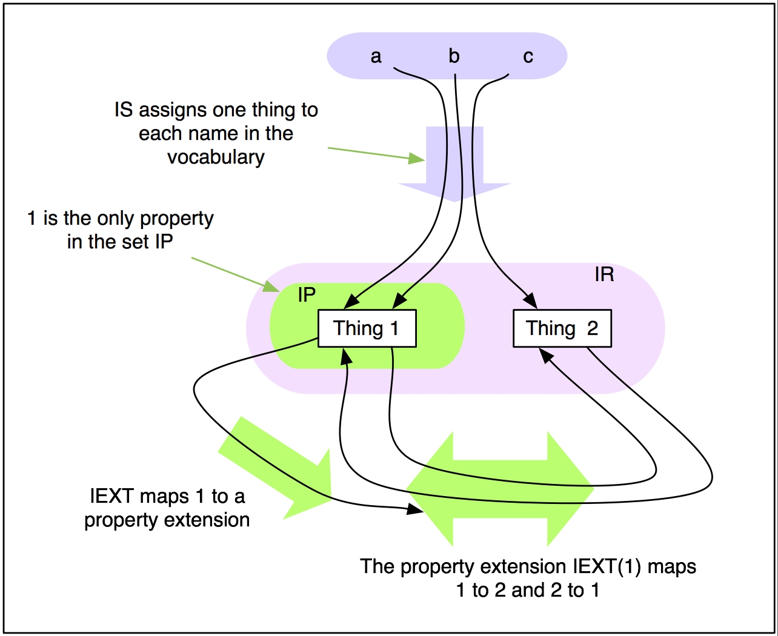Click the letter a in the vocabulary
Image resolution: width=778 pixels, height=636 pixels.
click(376, 56)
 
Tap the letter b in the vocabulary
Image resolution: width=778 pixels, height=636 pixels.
click(454, 56)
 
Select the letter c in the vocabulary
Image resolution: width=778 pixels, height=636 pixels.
click(528, 57)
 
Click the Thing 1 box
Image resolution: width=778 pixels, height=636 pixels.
click(367, 328)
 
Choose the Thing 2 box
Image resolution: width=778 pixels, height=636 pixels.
click(562, 328)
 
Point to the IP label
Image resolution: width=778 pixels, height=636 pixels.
click(307, 295)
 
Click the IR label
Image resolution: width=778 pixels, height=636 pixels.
click(604, 275)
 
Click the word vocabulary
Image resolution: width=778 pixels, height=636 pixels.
click(216, 157)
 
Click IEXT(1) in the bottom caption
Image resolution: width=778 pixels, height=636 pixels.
click(607, 566)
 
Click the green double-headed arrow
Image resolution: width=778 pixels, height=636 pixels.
click(500, 488)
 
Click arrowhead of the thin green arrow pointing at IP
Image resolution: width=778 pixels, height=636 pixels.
click(270, 285)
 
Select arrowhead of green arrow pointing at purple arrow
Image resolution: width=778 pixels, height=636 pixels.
click(417, 159)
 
